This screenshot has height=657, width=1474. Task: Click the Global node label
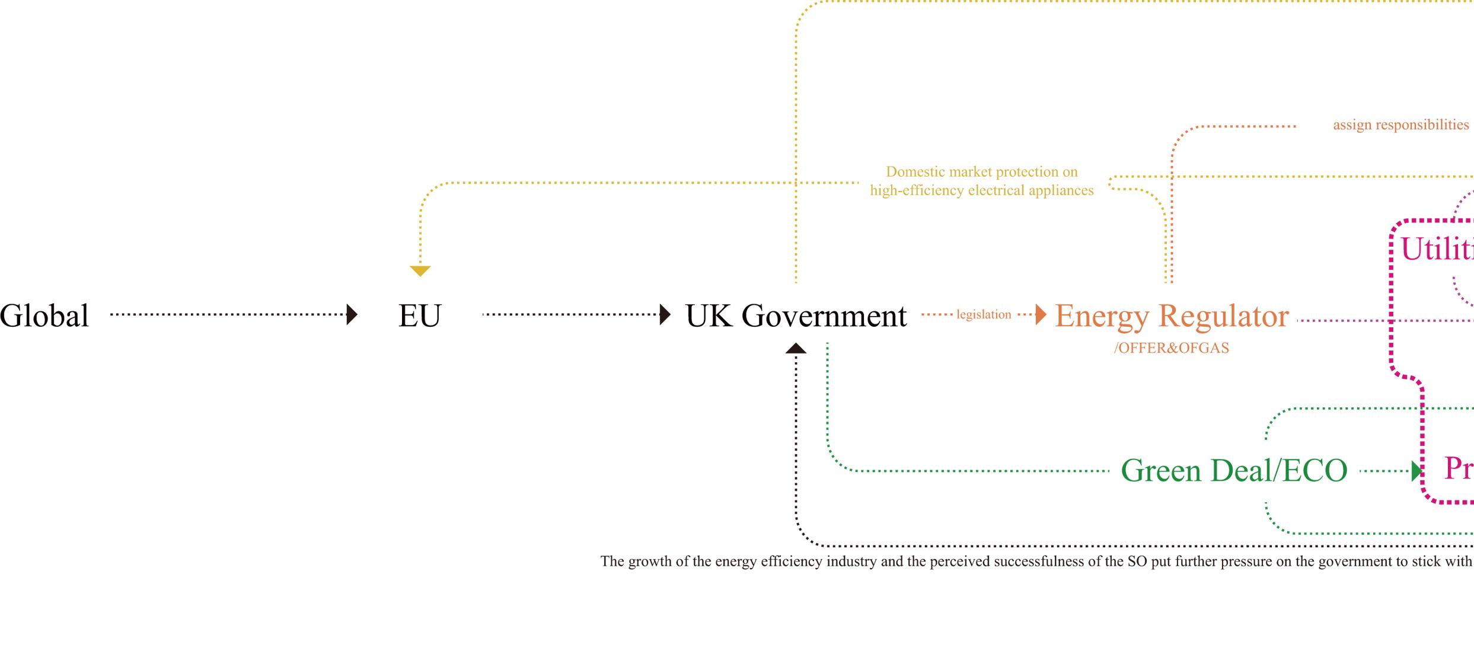point(44,315)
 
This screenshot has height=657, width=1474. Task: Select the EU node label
point(420,315)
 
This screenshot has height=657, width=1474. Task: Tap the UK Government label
point(796,315)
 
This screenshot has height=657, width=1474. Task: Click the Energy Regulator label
point(1172,315)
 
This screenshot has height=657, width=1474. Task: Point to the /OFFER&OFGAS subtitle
point(1171,348)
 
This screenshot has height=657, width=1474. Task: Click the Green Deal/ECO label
point(1234,471)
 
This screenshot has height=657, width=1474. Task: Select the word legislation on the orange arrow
point(984,315)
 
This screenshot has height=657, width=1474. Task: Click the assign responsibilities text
point(1400,125)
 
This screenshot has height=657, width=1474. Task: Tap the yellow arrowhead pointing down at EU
point(420,271)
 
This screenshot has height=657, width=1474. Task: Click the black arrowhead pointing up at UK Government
point(796,349)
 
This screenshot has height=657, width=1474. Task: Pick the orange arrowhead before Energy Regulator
point(1041,314)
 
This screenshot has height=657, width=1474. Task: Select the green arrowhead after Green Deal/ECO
point(1417,471)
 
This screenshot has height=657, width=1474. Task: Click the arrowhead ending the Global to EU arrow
point(352,314)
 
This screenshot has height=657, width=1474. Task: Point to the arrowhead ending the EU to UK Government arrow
point(665,314)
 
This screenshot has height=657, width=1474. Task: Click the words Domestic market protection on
point(981,172)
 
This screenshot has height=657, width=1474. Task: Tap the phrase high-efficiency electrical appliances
point(981,191)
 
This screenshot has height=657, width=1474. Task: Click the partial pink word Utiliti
point(1436,249)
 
